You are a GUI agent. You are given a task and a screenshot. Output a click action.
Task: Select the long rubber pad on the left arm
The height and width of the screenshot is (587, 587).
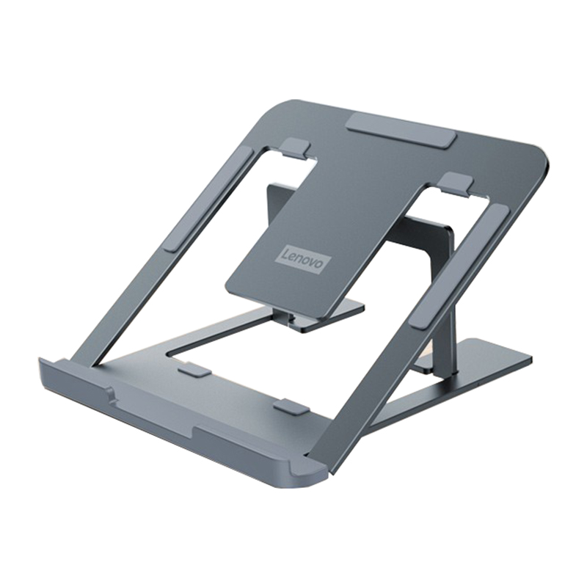[x=209, y=198]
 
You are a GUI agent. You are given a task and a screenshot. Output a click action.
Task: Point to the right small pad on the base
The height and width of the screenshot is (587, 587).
[x=291, y=406]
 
